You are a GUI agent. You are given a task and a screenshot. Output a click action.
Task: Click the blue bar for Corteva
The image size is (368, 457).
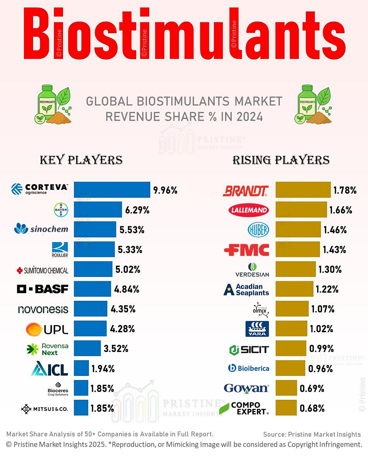pyautogui.click(x=112, y=190)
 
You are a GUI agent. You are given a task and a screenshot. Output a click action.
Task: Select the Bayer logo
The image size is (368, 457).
pyautogui.click(x=61, y=210)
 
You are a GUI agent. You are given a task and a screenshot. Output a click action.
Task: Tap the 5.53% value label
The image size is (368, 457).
pyautogui.click(x=132, y=230)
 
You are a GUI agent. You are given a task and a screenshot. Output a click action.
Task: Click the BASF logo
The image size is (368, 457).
pyautogui.click(x=43, y=289)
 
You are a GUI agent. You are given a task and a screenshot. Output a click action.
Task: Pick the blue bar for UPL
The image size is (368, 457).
pyautogui.click(x=90, y=329)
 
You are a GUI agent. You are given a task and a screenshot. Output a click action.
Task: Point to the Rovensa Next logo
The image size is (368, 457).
pyautogui.click(x=48, y=349)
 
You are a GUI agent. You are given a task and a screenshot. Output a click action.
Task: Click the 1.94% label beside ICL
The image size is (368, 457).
pyautogui.click(x=103, y=369)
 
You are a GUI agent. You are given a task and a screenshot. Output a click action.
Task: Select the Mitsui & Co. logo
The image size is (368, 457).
pyautogui.click(x=44, y=409)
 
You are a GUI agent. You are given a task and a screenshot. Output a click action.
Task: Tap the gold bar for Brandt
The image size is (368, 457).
pyautogui.click(x=303, y=190)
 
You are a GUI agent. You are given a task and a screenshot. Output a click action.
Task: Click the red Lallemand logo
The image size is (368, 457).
pyautogui.click(x=248, y=210)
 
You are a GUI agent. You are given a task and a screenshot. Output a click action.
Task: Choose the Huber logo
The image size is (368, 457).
pyautogui.click(x=258, y=230)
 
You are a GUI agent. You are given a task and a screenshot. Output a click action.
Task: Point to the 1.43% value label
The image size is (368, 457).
pyautogui.click(x=334, y=250)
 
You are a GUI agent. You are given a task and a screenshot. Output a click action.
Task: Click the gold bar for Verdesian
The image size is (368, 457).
pyautogui.click(x=296, y=269)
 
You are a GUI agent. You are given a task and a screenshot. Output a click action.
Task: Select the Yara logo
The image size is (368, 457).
pyautogui.click(x=257, y=329)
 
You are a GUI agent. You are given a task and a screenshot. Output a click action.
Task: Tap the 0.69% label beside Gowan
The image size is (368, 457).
pyautogui.click(x=312, y=388)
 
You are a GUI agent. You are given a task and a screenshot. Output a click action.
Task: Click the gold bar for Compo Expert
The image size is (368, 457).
pyautogui.click(x=286, y=408)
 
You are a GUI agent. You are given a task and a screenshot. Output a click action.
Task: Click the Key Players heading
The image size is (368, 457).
pyautogui.click(x=81, y=160)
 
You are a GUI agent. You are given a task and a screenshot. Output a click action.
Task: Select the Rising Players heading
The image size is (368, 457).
pyautogui.click(x=281, y=160)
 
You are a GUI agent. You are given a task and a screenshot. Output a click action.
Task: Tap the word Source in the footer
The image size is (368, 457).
pyautogui.click(x=274, y=434)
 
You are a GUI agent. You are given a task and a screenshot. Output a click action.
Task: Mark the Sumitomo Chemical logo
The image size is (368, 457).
pyautogui.click(x=43, y=270)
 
